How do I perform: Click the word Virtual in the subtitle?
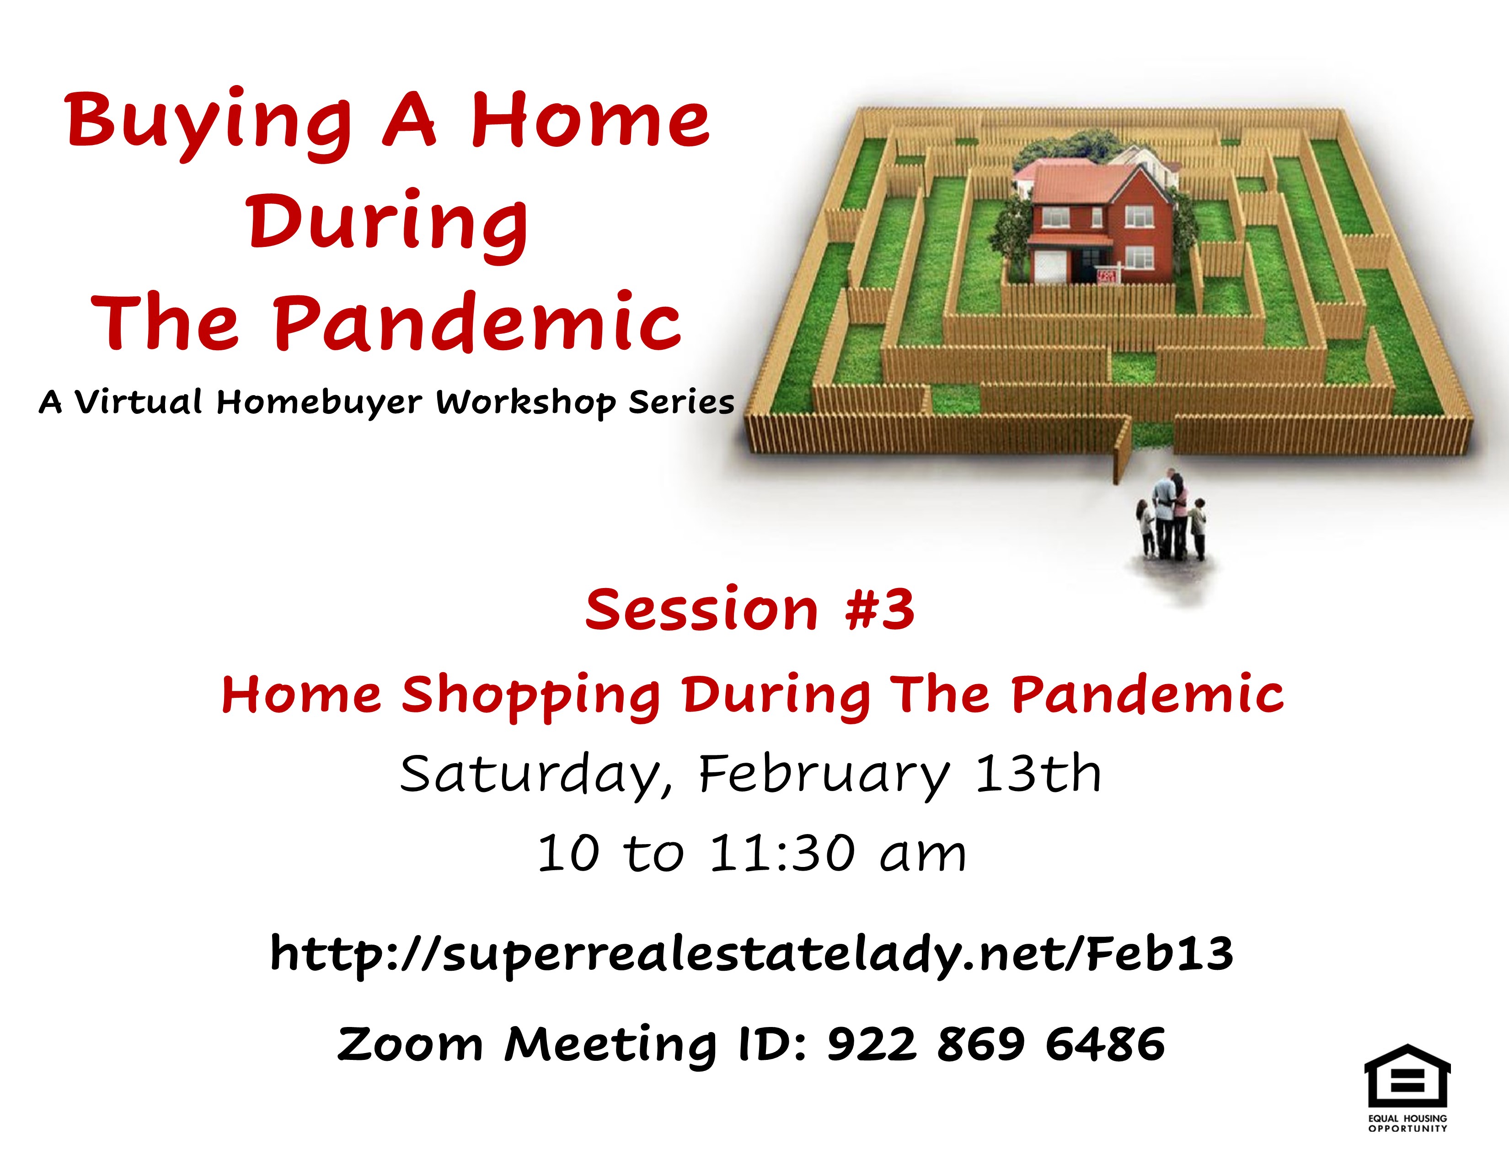pos(138,401)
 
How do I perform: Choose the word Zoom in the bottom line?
pos(409,1044)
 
